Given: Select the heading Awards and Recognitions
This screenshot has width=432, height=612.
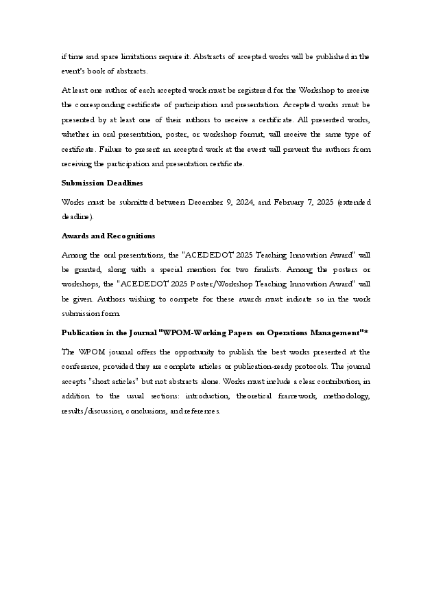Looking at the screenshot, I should click(99, 236).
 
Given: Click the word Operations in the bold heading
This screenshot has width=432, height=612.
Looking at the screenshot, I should click(283, 332).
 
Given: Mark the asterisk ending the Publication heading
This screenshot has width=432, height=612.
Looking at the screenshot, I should click(367, 332).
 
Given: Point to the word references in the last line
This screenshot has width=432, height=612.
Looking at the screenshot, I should click(200, 411).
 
